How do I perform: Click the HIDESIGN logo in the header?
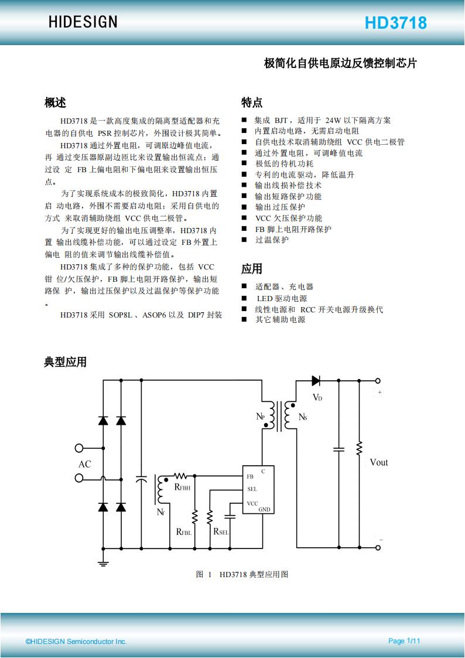point(83,22)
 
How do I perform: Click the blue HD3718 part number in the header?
point(396,23)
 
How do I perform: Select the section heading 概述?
point(56,102)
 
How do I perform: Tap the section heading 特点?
point(252,102)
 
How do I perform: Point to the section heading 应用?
point(252,268)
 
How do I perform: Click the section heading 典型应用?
point(66,362)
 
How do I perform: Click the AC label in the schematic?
point(85,464)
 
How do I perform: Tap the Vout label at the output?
point(379,462)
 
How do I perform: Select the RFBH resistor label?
point(182,487)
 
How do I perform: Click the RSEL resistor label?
point(221,531)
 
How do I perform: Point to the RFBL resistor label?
point(184,531)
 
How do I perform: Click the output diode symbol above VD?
point(316,381)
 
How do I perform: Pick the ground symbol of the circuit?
point(104,562)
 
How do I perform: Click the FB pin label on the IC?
point(250,477)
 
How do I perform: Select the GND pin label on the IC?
point(264,509)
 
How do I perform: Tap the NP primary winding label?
point(261,417)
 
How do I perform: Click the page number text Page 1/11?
point(404,641)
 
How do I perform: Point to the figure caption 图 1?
point(204,574)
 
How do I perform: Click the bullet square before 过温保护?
point(244,240)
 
